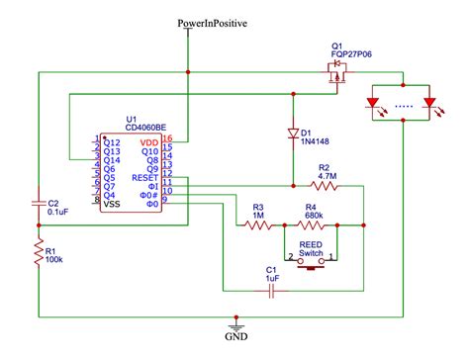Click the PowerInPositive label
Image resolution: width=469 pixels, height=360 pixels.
click(x=212, y=22)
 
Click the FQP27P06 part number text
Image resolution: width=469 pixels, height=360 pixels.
click(x=354, y=56)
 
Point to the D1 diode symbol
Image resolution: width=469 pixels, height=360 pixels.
click(x=293, y=132)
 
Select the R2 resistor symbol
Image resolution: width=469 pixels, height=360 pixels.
click(x=325, y=185)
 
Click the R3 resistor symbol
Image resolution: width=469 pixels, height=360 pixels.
click(x=257, y=225)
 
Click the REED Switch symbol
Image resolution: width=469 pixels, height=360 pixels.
click(x=312, y=261)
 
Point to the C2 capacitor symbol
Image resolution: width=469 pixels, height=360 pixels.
click(x=37, y=205)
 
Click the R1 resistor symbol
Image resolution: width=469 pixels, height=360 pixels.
click(x=37, y=253)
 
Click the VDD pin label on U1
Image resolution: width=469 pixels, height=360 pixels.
click(x=148, y=142)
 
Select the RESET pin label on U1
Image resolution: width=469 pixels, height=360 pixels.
click(x=143, y=176)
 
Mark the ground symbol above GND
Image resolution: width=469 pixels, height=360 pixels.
click(x=235, y=323)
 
